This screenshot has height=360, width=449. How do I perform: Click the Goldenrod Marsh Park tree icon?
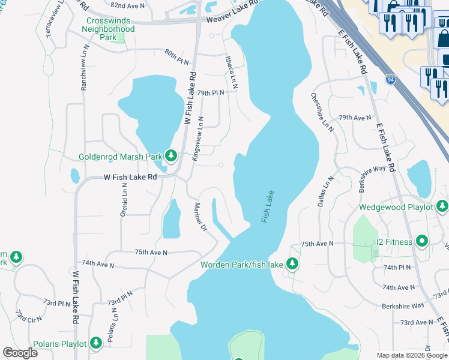(171, 157)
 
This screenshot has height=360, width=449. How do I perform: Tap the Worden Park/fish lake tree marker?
(292, 264)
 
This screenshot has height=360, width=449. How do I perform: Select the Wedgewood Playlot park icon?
(442, 207)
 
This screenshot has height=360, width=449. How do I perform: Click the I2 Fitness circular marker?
(422, 242)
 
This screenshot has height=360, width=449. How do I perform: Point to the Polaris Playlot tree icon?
(95, 343)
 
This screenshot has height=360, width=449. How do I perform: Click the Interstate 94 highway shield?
(390, 79)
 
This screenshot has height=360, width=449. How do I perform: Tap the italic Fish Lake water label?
(268, 207)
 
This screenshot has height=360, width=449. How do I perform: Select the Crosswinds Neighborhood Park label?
(108, 29)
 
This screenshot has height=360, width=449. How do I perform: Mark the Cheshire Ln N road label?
(321, 110)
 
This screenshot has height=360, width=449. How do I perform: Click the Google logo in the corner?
(20, 353)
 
